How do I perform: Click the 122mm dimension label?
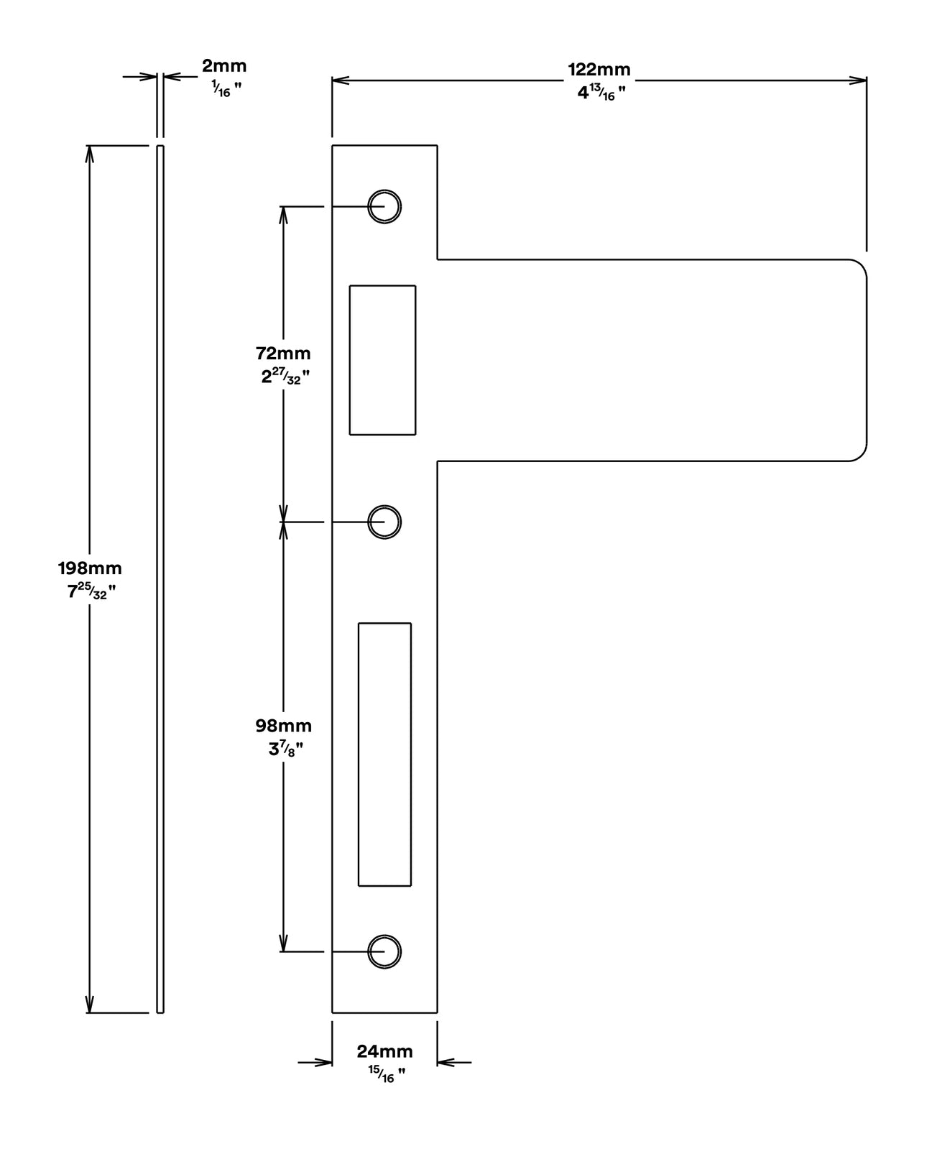pos(599,70)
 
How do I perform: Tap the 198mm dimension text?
pos(90,568)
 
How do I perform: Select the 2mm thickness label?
pos(223,66)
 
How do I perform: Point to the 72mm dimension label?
pos(283,353)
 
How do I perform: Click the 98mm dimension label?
pos(283,726)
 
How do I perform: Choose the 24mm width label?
pos(384,1051)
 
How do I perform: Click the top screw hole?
pos(384,206)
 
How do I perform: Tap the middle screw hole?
pos(384,521)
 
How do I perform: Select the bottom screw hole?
pos(384,951)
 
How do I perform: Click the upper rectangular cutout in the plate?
pos(382,360)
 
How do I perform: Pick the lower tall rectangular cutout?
pos(384,755)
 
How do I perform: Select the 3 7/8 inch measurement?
pos(285,749)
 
